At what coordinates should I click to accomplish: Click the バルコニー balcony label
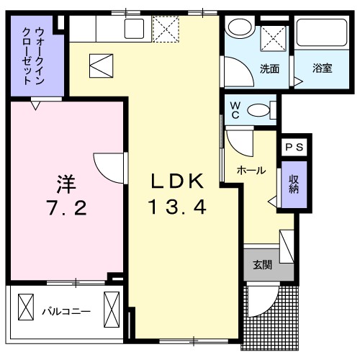pyautogui.click(x=66, y=312)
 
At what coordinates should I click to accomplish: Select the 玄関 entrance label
pyautogui.click(x=261, y=264)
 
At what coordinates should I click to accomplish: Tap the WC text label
pyautogui.click(x=235, y=109)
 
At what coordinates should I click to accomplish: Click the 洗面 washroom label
pyautogui.click(x=269, y=70)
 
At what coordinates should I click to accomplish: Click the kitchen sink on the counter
pyautogui.click(x=134, y=29)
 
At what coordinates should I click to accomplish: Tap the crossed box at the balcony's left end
pyautogui.click(x=25, y=307)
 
